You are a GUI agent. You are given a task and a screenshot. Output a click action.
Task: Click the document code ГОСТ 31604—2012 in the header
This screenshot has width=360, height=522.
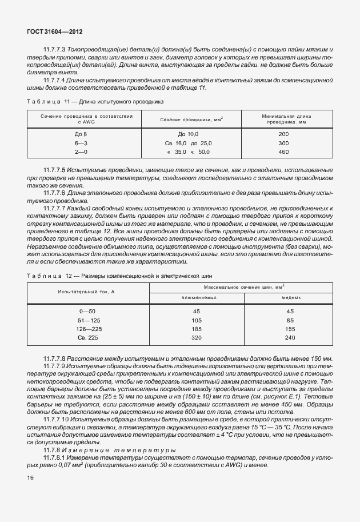click(x=51, y=32)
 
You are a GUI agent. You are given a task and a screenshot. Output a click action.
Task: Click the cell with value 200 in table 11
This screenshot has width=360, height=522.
click(x=283, y=133)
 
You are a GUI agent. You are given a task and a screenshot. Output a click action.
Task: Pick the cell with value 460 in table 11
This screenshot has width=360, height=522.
click(x=283, y=152)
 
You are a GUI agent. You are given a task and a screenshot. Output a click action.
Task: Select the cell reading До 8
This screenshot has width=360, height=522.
click(x=81, y=133)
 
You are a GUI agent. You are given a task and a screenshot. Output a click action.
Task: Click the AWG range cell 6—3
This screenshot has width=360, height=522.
click(x=81, y=142)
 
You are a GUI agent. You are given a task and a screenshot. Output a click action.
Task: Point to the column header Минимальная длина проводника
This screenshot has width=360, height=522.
click(x=283, y=119)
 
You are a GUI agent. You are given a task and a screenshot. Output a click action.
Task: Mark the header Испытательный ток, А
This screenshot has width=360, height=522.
click(x=86, y=292)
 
